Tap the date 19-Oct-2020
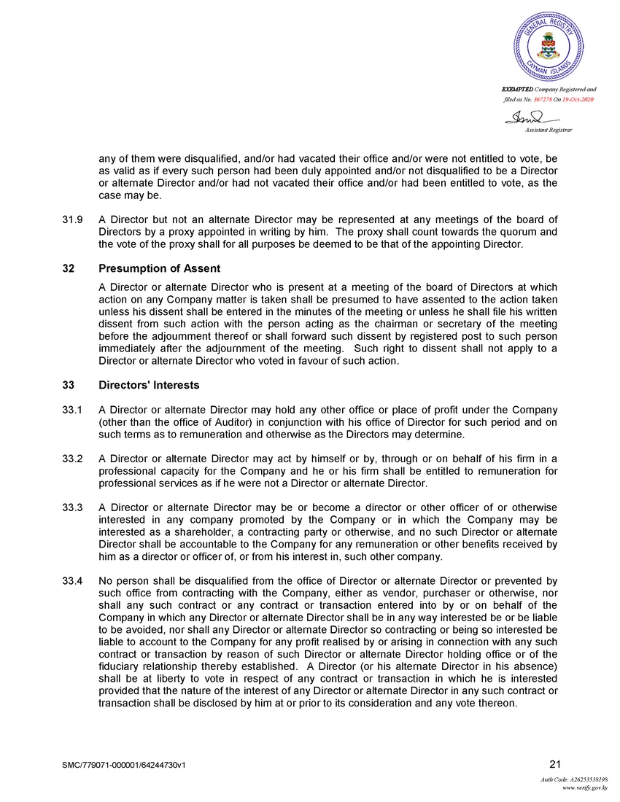click(578, 98)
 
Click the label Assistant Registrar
click(549, 129)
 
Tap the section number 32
click(68, 269)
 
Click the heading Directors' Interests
click(149, 384)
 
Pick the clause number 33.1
click(71, 410)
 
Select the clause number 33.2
click(71, 458)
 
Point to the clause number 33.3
click(71, 507)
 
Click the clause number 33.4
click(71, 580)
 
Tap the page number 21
click(554, 764)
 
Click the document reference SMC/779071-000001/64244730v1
click(128, 765)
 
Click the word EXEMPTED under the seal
click(517, 89)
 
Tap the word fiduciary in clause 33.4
click(123, 666)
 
